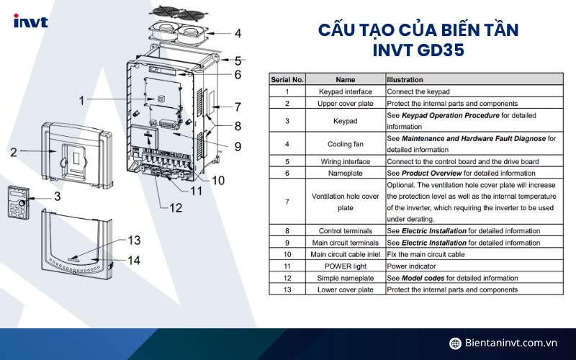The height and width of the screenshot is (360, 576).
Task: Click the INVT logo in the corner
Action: [30, 22]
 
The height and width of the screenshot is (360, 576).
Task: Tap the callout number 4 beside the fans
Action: [238, 33]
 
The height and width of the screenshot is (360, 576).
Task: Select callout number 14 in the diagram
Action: [135, 261]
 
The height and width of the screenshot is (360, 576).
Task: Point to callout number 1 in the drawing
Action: [82, 100]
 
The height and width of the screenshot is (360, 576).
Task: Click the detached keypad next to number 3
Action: [19, 202]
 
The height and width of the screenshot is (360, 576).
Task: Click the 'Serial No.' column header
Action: [287, 79]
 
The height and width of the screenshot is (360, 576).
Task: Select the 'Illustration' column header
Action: [405, 79]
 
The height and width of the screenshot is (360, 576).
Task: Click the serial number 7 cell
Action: [287, 202]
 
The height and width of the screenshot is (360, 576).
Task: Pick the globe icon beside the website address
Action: [455, 343]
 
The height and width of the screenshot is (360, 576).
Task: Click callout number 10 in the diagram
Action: [217, 180]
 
